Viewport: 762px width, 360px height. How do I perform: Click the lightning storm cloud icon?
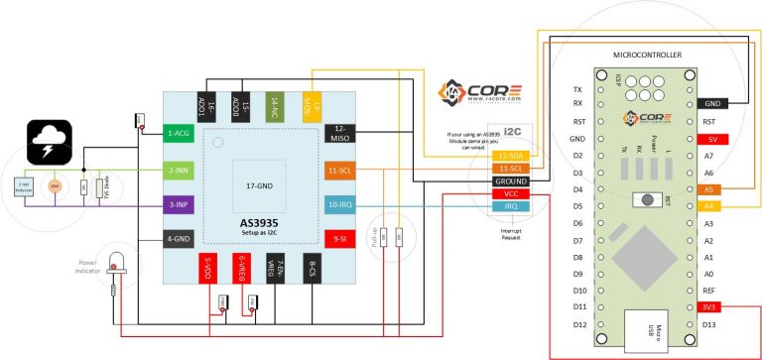(x=47, y=142)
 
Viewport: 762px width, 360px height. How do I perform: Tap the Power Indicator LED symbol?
(x=116, y=263)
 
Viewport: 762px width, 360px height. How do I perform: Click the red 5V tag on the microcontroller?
(x=712, y=139)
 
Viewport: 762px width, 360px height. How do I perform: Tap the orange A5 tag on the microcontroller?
(x=708, y=189)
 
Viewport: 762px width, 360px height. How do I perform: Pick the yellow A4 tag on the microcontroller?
(x=708, y=206)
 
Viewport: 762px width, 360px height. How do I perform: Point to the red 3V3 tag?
(x=709, y=307)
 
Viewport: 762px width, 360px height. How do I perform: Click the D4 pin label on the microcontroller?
(x=577, y=189)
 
